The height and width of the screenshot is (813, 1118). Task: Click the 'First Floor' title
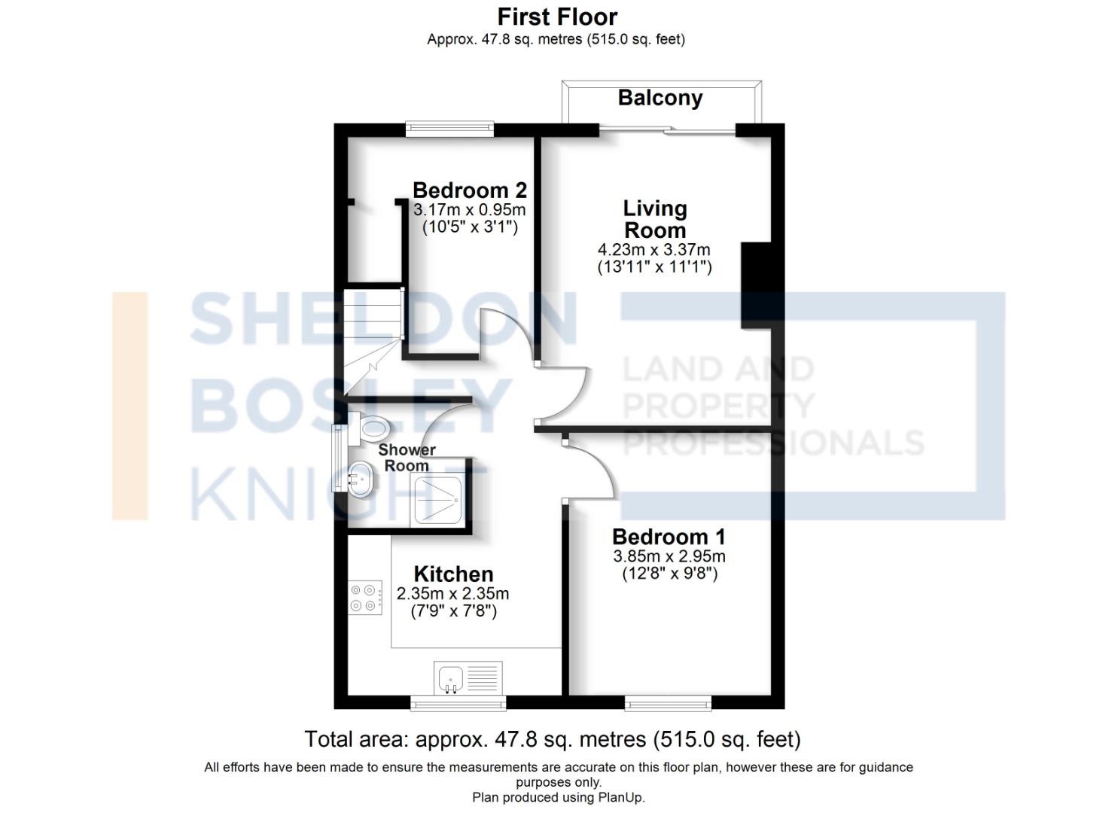557,17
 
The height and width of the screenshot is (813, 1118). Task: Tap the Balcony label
660,98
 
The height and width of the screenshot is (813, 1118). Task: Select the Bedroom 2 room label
469,190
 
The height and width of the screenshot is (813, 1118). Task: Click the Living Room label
654,219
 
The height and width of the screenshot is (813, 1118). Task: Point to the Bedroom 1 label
669,537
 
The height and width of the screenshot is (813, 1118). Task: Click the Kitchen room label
453,574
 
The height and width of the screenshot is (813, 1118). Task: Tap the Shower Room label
407,458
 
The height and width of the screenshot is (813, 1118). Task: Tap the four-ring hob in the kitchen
364,598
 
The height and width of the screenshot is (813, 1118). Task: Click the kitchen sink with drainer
468,677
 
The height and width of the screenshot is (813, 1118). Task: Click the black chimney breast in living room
756,285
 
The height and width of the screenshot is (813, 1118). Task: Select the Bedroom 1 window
668,704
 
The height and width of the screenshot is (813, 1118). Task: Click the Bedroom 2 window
449,129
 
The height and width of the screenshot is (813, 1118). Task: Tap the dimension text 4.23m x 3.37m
653,249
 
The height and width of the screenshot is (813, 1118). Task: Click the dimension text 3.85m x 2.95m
669,556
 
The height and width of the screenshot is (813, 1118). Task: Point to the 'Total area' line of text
552,739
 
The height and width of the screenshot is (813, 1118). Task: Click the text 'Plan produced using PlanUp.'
558,797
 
